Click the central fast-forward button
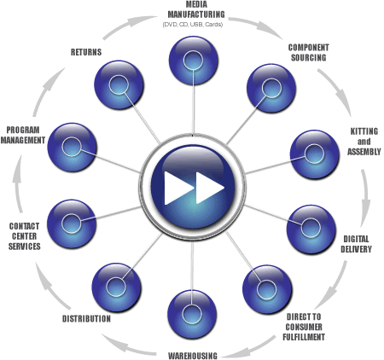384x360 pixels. tap(193, 188)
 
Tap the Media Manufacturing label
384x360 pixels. tap(196, 9)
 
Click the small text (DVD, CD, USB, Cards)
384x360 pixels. tap(193, 25)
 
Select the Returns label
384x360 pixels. tap(86, 52)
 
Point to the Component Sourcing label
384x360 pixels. tap(309, 53)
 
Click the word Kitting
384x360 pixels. tap(364, 131)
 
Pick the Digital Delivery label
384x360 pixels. tap(356, 244)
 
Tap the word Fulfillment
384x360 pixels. tap(304, 337)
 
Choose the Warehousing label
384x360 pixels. tap(193, 356)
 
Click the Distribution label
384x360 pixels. tap(86, 319)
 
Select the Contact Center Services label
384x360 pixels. tap(24, 236)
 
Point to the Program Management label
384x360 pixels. tap(23, 135)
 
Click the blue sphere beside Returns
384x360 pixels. tap(119, 85)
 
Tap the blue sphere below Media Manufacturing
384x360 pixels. tap(194, 61)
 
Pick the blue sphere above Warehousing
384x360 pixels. tap(192, 315)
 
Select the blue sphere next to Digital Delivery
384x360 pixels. tap(311, 229)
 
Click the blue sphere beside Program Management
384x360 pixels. tap(72, 148)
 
